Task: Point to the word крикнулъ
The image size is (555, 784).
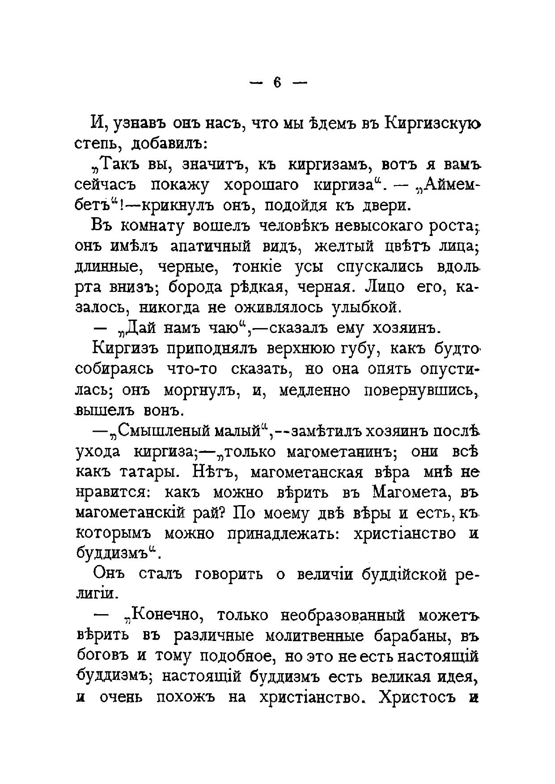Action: point(166,205)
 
